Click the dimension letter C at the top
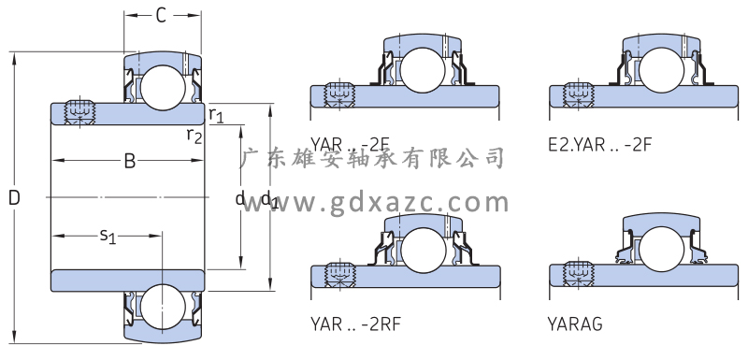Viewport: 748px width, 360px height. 161,16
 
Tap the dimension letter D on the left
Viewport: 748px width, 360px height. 14,198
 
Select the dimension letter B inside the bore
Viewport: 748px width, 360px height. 130,161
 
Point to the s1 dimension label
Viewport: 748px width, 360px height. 108,236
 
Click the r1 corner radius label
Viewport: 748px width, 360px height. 216,115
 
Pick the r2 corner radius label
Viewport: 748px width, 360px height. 194,136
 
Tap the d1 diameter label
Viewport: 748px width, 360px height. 269,199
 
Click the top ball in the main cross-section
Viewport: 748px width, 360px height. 162,88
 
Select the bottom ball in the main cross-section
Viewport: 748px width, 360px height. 163,307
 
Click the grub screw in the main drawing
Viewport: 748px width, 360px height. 79,113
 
